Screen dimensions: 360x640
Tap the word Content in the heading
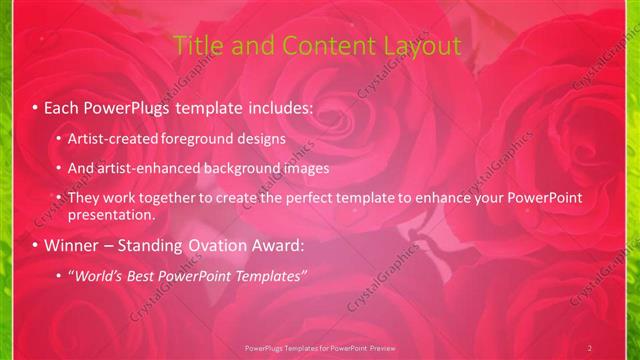(x=320, y=46)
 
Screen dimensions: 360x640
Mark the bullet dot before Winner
(x=35, y=245)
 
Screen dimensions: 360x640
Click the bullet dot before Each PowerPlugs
(x=35, y=106)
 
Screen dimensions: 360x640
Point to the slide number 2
(x=590, y=348)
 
